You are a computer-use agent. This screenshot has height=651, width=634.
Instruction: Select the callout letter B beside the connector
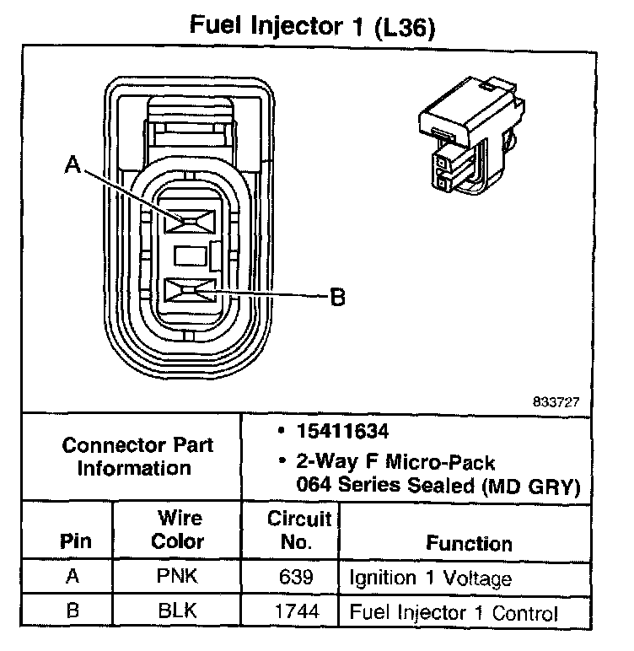click(x=336, y=297)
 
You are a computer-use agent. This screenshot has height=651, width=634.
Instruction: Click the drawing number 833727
click(x=556, y=401)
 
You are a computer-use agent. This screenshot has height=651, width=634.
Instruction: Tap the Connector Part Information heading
click(x=138, y=455)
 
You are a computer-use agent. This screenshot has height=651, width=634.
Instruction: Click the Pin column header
click(x=76, y=541)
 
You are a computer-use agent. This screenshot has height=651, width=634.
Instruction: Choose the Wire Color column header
click(x=178, y=530)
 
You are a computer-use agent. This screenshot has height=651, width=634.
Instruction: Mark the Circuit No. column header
click(x=296, y=530)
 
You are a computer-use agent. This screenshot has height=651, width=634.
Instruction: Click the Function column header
click(x=469, y=543)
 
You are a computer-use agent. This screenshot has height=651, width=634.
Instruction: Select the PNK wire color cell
click(x=178, y=579)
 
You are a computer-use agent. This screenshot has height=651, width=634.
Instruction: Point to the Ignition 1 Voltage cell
click(x=430, y=579)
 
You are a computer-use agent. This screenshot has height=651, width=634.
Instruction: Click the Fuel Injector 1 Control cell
click(x=454, y=613)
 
